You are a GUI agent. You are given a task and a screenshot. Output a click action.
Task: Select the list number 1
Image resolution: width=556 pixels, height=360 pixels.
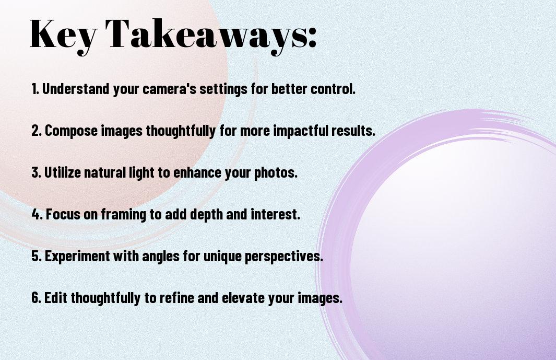[x=34, y=89]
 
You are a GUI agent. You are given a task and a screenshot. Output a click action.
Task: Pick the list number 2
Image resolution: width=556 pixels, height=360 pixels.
[x=36, y=131]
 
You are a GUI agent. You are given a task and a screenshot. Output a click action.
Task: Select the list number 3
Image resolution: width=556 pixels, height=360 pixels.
[x=36, y=172]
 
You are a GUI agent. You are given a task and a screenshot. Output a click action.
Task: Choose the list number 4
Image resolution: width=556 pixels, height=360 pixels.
[x=37, y=214]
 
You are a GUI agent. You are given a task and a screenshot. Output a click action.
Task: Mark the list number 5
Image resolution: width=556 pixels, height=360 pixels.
[x=36, y=256]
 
